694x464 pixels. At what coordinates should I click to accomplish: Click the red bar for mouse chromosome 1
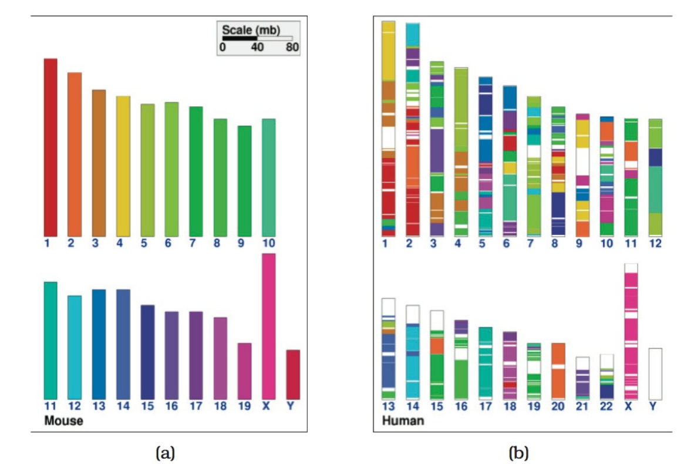(x=50, y=147)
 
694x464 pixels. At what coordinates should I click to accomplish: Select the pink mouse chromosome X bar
(x=268, y=326)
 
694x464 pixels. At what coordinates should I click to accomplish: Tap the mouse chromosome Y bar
(x=292, y=374)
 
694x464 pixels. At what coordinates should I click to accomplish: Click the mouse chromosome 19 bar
(x=244, y=371)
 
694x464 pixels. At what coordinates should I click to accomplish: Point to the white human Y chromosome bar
(x=655, y=374)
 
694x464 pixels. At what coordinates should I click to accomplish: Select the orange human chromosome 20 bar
(x=558, y=371)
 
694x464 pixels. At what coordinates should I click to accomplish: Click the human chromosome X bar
(x=631, y=331)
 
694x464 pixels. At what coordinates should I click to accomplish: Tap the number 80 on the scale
(x=292, y=48)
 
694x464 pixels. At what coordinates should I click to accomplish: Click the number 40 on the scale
(x=257, y=48)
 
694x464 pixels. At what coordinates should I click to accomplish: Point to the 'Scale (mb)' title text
(x=246, y=29)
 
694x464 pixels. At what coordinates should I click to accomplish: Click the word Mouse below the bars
(x=63, y=421)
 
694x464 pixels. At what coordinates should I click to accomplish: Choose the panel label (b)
(x=518, y=452)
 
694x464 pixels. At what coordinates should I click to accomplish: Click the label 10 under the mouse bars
(x=268, y=243)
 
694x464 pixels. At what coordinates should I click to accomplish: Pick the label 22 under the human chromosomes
(x=607, y=406)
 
